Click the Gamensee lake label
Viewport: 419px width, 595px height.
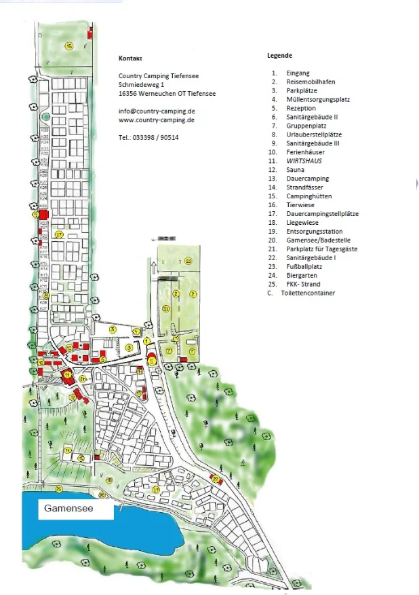coord(68,508)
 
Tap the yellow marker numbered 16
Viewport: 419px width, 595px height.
coord(68,46)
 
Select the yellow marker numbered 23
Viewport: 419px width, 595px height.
coord(188,261)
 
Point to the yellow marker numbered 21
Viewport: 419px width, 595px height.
coord(165,309)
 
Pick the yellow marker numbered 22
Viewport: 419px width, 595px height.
coord(216,480)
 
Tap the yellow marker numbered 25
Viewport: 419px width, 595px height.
coord(59,489)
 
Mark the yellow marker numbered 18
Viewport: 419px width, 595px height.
coord(109,480)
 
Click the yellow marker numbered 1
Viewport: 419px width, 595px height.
coord(146,341)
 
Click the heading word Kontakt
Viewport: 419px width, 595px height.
coord(130,58)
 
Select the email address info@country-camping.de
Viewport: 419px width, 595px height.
coord(157,111)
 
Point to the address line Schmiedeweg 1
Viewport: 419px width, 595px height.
coord(142,84)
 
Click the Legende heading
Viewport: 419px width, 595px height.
coord(280,56)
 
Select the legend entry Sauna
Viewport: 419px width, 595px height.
coord(296,170)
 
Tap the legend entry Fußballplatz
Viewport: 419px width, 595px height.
coord(304,267)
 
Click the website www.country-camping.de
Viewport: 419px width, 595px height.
coord(157,120)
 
